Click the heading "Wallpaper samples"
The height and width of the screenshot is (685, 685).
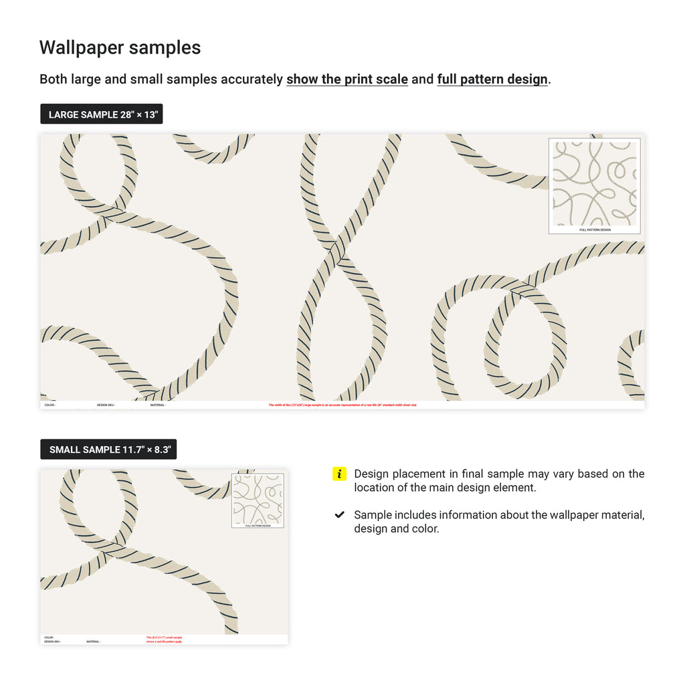(120, 48)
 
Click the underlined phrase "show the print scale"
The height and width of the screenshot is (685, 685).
(347, 79)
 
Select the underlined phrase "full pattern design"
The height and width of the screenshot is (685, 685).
(492, 79)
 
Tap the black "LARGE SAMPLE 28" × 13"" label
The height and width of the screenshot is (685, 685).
(102, 114)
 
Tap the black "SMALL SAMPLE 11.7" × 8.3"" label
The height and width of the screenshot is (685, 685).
(108, 450)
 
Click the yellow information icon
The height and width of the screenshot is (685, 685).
(339, 474)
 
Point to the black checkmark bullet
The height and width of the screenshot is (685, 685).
(339, 515)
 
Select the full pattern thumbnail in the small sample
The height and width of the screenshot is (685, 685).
(258, 499)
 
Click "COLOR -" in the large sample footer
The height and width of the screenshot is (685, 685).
(50, 405)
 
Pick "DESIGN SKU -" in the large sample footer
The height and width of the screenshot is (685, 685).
(106, 405)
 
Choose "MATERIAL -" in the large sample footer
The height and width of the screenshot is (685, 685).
(158, 405)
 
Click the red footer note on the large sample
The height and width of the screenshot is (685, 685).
(342, 405)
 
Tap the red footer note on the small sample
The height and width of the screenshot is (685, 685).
(164, 640)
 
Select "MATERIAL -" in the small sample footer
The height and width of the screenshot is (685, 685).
(94, 642)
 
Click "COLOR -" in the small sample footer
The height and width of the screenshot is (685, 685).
(50, 638)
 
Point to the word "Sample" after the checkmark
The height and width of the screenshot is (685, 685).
(373, 515)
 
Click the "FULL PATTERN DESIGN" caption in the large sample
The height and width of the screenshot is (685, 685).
(595, 229)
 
